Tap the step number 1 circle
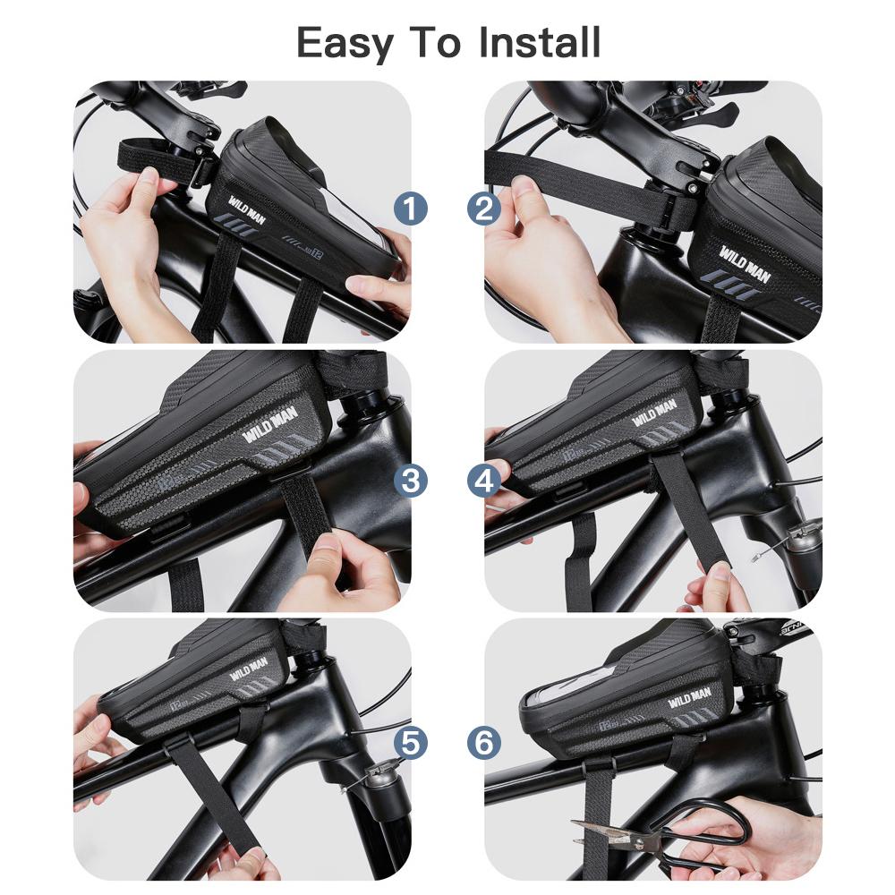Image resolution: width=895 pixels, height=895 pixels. click(411, 210)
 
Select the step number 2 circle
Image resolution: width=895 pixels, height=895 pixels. click(484, 210)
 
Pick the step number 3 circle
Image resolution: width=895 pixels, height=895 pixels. click(411, 481)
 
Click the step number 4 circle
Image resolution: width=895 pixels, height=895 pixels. click(484, 481)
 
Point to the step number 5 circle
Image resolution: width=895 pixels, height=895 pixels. click(411, 742)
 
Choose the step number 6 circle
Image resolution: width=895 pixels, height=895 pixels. click(484, 742)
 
